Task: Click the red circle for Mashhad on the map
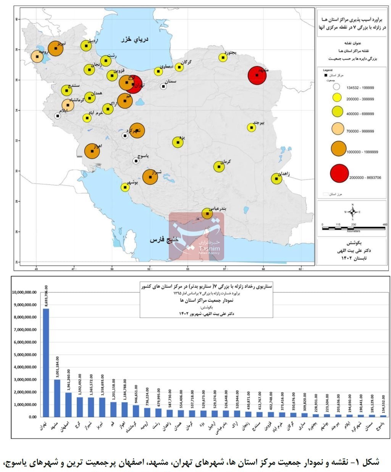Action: pos(257,75)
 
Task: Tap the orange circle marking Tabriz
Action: pos(55,49)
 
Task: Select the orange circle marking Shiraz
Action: pos(150,177)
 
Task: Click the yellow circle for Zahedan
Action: pos(276,179)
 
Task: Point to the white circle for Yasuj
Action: pos(136,161)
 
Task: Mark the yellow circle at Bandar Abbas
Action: pos(207,213)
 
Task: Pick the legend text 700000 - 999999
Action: pos(360,131)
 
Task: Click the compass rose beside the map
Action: pos(353,212)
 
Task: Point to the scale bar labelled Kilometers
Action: pos(354,228)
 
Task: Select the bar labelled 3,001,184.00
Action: pos(57,398)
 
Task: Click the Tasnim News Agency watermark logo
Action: pos(196,236)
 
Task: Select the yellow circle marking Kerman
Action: pos(219,166)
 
